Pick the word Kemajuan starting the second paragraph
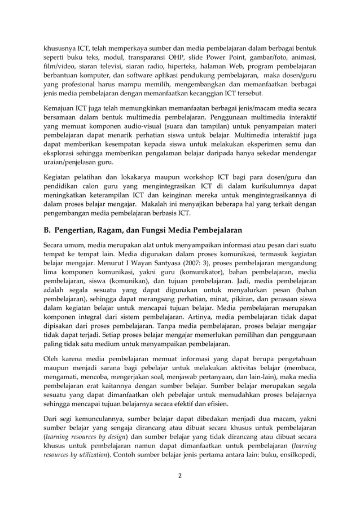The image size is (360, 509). (x=61, y=109)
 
